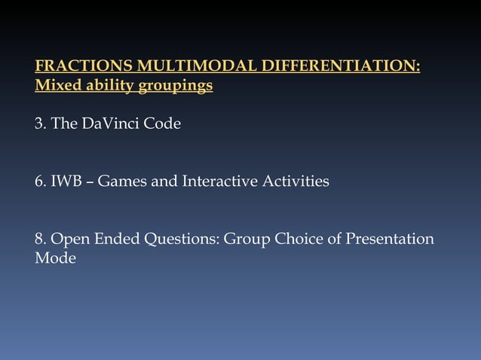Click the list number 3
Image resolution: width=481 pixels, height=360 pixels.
[39, 123]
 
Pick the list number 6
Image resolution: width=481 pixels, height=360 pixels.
[39, 182]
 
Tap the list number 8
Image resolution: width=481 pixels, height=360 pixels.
[39, 239]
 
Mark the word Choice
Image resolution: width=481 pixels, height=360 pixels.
[299, 239]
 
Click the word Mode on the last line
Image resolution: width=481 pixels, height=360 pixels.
[55, 259]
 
